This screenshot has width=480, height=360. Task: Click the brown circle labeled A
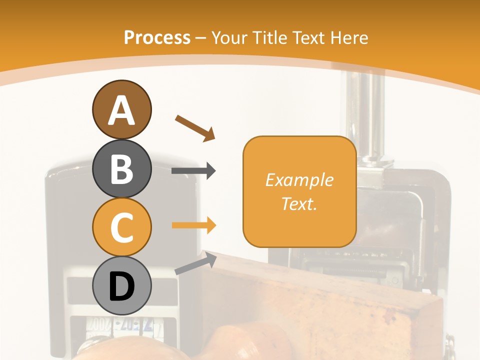121,109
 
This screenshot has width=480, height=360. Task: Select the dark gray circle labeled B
121,168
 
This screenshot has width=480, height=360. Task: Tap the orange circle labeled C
121,227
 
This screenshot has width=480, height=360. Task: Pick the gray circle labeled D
121,286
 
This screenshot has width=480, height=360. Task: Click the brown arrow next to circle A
195,127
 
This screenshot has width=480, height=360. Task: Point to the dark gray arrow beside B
193,171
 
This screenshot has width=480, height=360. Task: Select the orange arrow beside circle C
193,225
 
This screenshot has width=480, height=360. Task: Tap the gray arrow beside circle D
195,263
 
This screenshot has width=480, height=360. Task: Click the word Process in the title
157,37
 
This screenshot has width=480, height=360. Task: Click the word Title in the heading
269,37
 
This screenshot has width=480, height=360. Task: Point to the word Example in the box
299,180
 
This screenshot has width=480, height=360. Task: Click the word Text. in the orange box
299,203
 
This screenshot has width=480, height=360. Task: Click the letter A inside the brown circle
121,110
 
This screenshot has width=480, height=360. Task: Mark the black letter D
121,287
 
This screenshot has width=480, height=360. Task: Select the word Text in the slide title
308,37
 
